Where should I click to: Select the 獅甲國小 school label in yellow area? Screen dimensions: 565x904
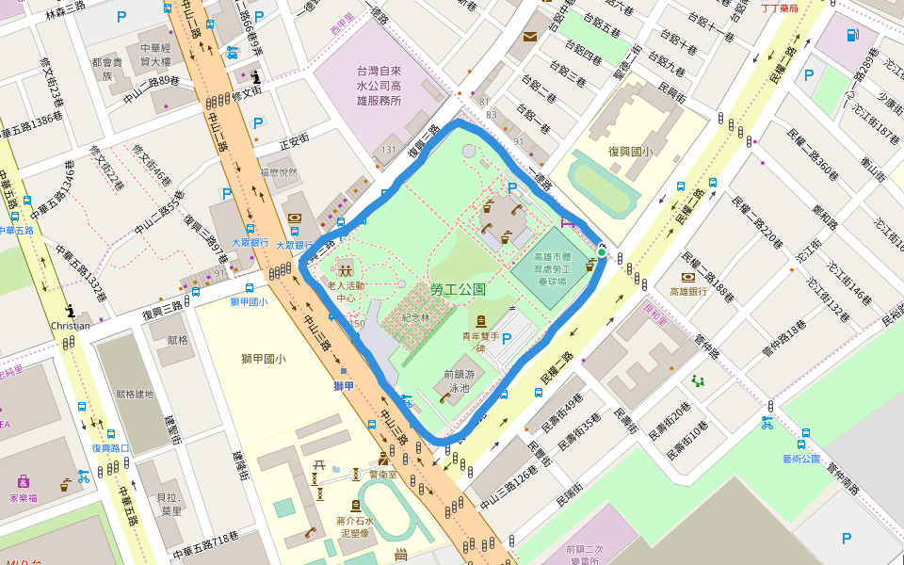(263, 358)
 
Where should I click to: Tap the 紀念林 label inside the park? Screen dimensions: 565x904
(415, 318)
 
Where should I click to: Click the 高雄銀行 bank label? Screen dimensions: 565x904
(688, 292)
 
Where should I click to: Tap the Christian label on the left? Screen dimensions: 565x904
(71, 326)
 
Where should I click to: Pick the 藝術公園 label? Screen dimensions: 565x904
(803, 459)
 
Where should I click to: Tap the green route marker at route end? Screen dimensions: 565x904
(602, 252)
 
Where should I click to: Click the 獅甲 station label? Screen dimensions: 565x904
(344, 385)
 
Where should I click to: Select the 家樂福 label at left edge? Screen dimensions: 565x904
(23, 497)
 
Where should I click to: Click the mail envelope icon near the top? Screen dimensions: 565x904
(529, 37)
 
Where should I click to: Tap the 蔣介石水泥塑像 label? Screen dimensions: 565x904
(355, 526)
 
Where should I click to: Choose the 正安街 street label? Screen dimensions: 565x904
(295, 141)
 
